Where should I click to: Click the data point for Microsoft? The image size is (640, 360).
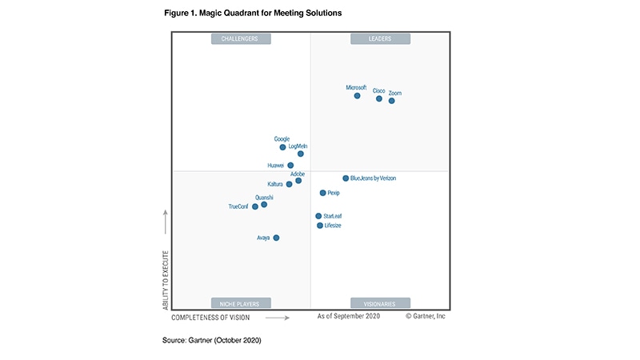[x=357, y=96]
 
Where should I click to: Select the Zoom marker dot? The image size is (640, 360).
[x=392, y=101]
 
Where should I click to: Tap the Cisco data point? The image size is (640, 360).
[x=379, y=98]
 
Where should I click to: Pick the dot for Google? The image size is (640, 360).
[x=282, y=147]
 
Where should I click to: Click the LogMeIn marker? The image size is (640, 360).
[x=301, y=154]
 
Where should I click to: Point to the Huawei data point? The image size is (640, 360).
[x=290, y=166]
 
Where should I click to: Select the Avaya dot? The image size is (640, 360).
[x=276, y=238]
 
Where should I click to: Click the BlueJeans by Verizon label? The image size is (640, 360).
[x=373, y=178]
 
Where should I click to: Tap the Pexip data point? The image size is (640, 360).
[x=322, y=193]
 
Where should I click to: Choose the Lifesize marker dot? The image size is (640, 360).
[x=320, y=226]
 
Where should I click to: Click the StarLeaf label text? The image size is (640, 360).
[x=333, y=216]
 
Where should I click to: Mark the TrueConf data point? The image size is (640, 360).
[x=255, y=206]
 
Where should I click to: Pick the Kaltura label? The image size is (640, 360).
[x=276, y=184]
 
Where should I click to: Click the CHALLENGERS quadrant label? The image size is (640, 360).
[x=241, y=38]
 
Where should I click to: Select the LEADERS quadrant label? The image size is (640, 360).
[x=380, y=38]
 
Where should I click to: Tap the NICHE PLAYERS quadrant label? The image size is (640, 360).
[x=241, y=303]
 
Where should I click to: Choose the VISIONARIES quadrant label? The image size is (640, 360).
[x=380, y=303]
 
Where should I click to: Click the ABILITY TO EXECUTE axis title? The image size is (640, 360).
[x=166, y=279]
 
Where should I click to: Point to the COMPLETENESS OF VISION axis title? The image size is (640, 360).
[x=216, y=318]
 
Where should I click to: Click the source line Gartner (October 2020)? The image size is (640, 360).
[x=212, y=340]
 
